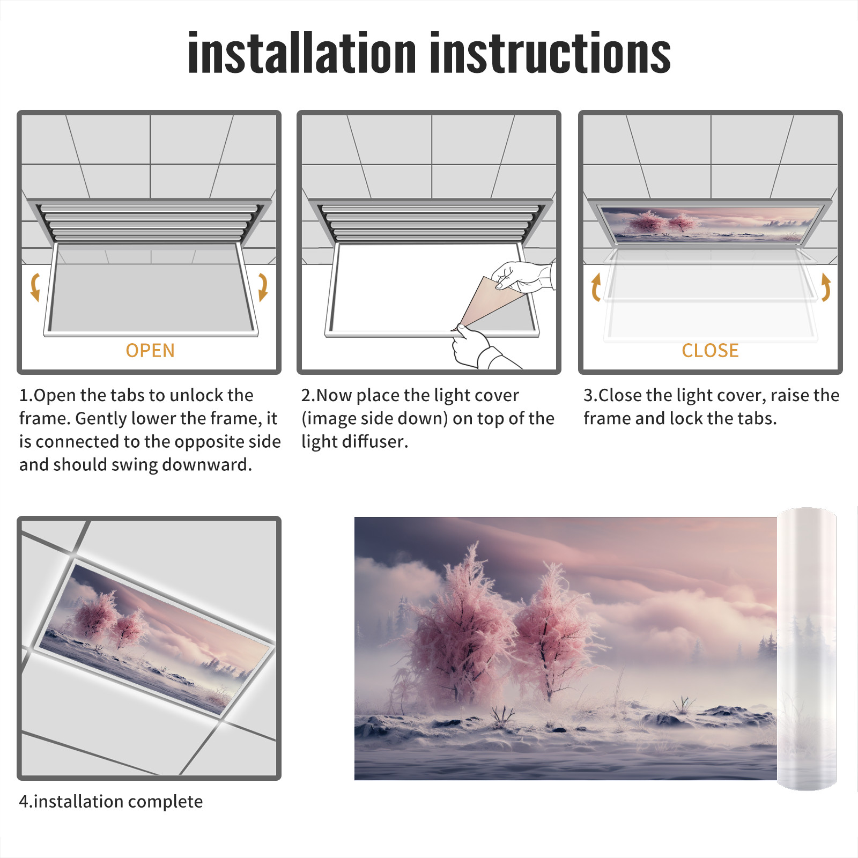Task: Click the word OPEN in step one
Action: pos(150,351)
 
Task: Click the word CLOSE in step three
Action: pos(710,351)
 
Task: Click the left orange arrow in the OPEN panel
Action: pos(35,287)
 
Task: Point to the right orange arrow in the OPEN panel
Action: pos(263,287)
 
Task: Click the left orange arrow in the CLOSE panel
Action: pos(595,287)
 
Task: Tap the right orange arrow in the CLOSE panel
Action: pos(826,287)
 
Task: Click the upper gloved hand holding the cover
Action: pos(523,276)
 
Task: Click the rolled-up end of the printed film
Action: pos(807,649)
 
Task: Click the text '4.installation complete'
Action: pos(111,802)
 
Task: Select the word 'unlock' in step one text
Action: pos(197,395)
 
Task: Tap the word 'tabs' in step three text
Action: pos(757,418)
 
